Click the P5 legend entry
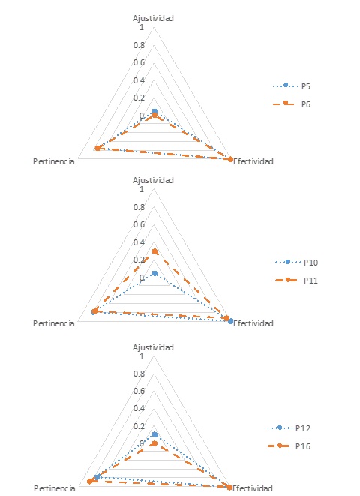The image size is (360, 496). tap(292, 86)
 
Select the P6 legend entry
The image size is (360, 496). tap(292, 104)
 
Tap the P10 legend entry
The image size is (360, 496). tap(296, 262)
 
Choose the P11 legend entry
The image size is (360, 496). tap(296, 280)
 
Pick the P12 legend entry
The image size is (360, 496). tap(289, 428)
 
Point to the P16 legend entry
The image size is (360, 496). tap(289, 446)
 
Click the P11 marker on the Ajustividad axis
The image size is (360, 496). tap(154, 251)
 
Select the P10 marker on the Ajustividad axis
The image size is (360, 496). tap(154, 273)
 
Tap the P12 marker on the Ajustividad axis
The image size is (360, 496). tap(154, 434)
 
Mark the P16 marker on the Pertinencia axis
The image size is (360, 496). tap(90, 482)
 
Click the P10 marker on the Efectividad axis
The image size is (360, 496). tap(231, 321)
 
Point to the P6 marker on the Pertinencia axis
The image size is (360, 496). tap(97, 148)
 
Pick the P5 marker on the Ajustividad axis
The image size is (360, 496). tap(154, 111)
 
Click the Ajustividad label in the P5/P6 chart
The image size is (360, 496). tap(153, 18)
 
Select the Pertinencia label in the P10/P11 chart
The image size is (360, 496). tap(54, 323)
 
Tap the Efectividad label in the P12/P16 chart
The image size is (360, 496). tap(253, 488)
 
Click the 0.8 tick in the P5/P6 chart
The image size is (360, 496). tap(139, 45)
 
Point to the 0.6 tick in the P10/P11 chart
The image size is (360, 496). tap(139, 224)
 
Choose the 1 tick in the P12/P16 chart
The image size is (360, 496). tap(142, 356)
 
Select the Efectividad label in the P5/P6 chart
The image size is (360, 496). tap(253, 161)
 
